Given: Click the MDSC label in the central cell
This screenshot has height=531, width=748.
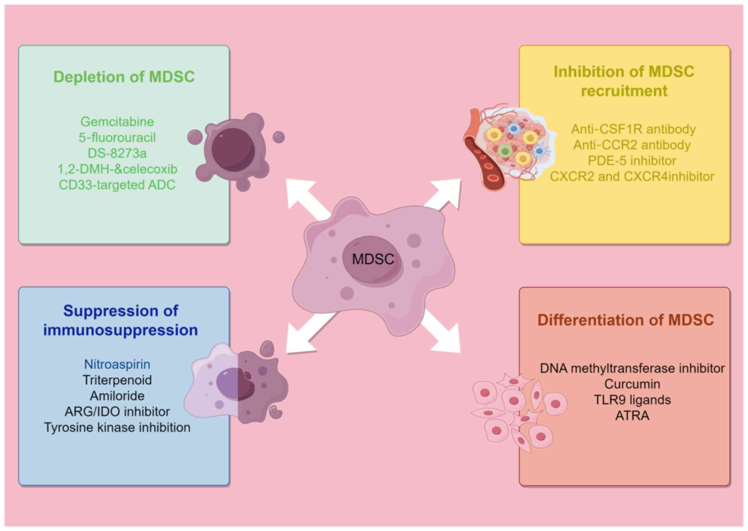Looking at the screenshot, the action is pos(373,259).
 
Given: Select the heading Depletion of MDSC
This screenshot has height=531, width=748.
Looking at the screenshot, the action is pos(124,77).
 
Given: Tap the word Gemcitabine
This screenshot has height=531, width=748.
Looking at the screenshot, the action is pos(117,121).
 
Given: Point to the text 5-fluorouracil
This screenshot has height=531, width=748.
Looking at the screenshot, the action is pos(117,137).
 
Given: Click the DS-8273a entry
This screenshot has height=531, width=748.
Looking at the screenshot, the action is pos(117,153).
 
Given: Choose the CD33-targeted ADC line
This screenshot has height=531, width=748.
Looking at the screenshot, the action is pos(117,185).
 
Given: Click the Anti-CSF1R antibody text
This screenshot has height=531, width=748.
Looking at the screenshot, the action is pos(633,129).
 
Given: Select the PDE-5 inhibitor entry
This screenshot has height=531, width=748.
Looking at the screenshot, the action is pos(632,161).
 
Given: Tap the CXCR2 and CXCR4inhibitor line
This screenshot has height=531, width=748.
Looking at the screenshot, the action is pos(632,177).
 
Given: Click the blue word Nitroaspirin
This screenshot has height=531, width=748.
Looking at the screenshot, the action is pos(117,364).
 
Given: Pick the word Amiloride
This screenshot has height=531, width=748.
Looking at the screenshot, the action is pos(117,396).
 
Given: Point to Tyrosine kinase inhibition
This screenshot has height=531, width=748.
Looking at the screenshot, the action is pos(117,427).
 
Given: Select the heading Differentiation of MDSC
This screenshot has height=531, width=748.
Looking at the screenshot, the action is pos(625,320).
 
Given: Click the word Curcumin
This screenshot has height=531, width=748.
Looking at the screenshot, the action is pos(632,384).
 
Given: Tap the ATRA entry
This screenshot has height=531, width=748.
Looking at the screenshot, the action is pos(632,416).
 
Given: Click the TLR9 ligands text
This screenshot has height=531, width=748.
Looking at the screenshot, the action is pos(632,400).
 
